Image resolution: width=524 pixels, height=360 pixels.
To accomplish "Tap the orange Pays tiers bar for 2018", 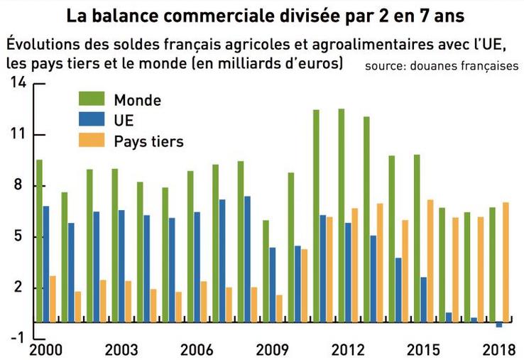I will click(506, 262).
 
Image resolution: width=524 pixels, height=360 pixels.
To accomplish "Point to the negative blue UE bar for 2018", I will click(499, 324).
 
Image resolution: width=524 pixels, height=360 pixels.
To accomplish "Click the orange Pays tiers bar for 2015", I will click(430, 261).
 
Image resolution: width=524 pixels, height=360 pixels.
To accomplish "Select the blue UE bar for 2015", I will click(424, 299).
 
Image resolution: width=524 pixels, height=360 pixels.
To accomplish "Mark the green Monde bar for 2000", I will click(39, 241).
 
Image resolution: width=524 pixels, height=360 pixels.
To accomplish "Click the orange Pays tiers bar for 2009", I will click(279, 308).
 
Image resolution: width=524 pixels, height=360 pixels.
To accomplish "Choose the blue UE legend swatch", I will click(91, 121).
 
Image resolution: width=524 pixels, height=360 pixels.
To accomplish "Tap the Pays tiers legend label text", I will click(148, 141).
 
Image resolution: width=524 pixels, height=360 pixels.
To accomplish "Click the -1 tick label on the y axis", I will click(17, 338).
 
